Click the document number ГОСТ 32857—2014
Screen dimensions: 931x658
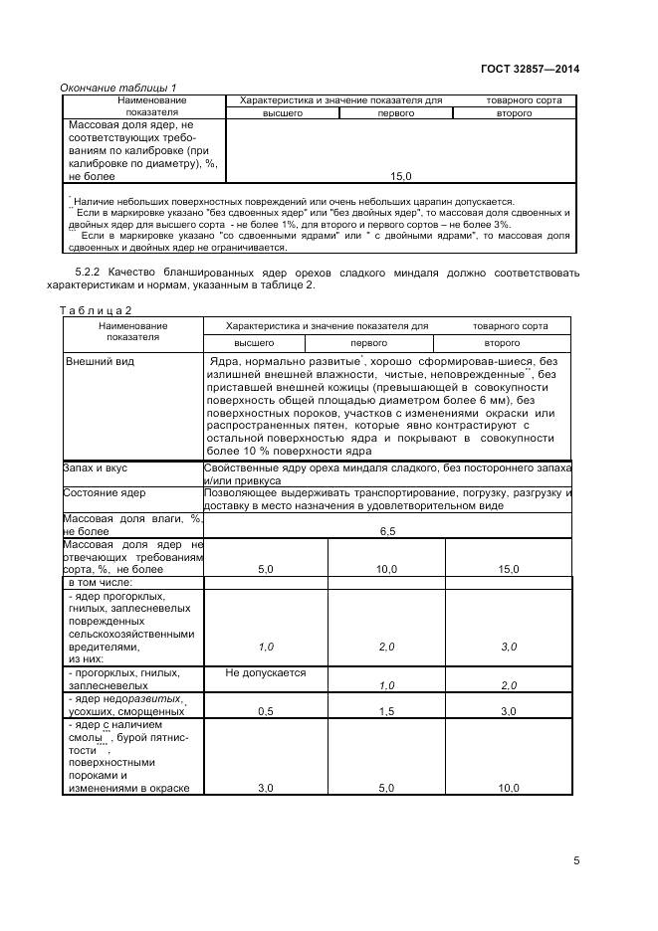[528, 69]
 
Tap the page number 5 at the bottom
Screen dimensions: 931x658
[576, 860]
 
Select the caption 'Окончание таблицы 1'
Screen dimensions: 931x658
[118, 88]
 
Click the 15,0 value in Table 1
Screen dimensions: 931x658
[400, 176]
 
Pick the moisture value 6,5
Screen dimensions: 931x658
[387, 531]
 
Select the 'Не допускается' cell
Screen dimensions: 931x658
[266, 672]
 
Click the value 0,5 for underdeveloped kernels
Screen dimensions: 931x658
[266, 711]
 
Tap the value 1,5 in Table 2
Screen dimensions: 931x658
[386, 711]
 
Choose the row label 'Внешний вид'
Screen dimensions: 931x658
[100, 361]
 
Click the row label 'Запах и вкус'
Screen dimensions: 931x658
[95, 466]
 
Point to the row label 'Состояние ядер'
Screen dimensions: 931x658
[104, 492]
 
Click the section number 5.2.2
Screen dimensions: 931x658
[96, 273]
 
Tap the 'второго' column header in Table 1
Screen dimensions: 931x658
[514, 113]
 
